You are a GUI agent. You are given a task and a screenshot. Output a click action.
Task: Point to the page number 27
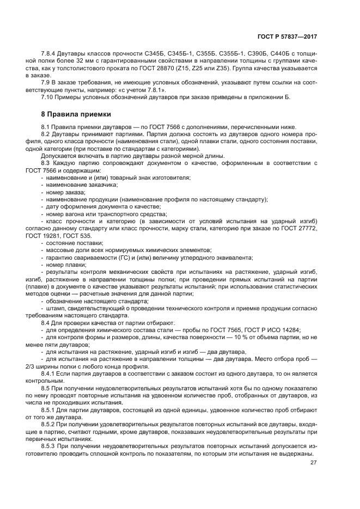pos(314,463)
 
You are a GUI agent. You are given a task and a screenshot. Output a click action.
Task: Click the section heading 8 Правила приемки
pos(76,114)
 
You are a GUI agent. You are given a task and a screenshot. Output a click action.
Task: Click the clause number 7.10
pos(48,97)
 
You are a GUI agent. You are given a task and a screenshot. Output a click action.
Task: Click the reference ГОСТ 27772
pos(302,228)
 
